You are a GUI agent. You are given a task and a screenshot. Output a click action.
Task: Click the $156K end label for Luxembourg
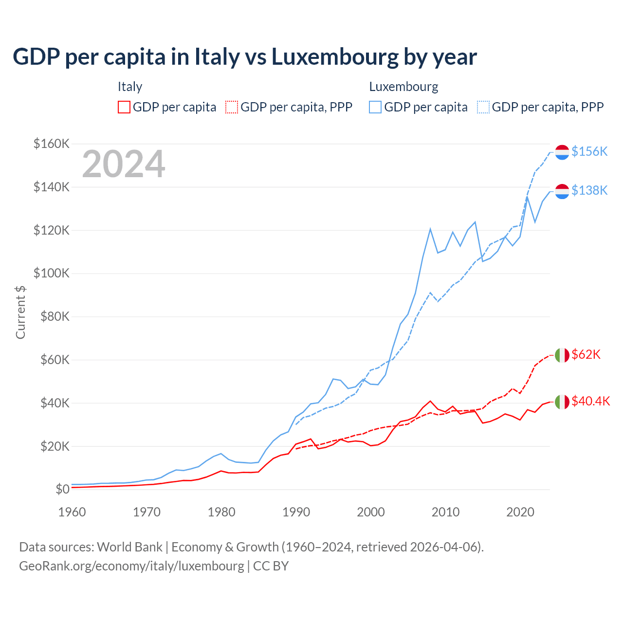[x=589, y=151]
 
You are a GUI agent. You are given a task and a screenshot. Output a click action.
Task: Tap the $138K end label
[x=589, y=190]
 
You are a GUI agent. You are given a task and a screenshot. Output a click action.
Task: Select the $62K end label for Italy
[x=586, y=354]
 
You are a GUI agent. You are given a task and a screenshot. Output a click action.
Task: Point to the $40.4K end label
[x=590, y=401]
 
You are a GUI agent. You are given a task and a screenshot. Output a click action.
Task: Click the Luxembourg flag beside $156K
[x=562, y=152]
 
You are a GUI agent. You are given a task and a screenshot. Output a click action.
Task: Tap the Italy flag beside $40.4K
[x=562, y=402]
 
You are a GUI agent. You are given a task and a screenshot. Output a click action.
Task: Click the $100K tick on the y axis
[x=52, y=273]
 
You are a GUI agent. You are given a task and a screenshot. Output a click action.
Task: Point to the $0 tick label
[x=62, y=489]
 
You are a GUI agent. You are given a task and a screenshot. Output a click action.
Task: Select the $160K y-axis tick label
[x=52, y=144]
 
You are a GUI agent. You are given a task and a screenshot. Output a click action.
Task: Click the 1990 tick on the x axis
[x=296, y=512]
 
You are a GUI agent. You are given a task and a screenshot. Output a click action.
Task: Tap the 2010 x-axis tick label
[x=445, y=512]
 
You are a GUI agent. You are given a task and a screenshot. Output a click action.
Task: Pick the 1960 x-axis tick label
[x=72, y=512]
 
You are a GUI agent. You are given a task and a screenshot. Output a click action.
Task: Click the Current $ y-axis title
[x=20, y=312]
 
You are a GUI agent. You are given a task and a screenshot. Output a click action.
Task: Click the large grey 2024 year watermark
[x=124, y=164]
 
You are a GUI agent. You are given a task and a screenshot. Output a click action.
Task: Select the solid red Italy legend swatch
[x=124, y=107]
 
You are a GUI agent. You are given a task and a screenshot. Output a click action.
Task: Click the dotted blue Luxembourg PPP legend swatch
[x=483, y=107]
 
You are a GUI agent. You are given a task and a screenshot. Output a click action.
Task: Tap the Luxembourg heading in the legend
[x=403, y=87]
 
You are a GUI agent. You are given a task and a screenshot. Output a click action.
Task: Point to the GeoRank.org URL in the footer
[x=131, y=566]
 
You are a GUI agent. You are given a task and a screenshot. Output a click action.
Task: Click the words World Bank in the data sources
[x=129, y=547]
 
